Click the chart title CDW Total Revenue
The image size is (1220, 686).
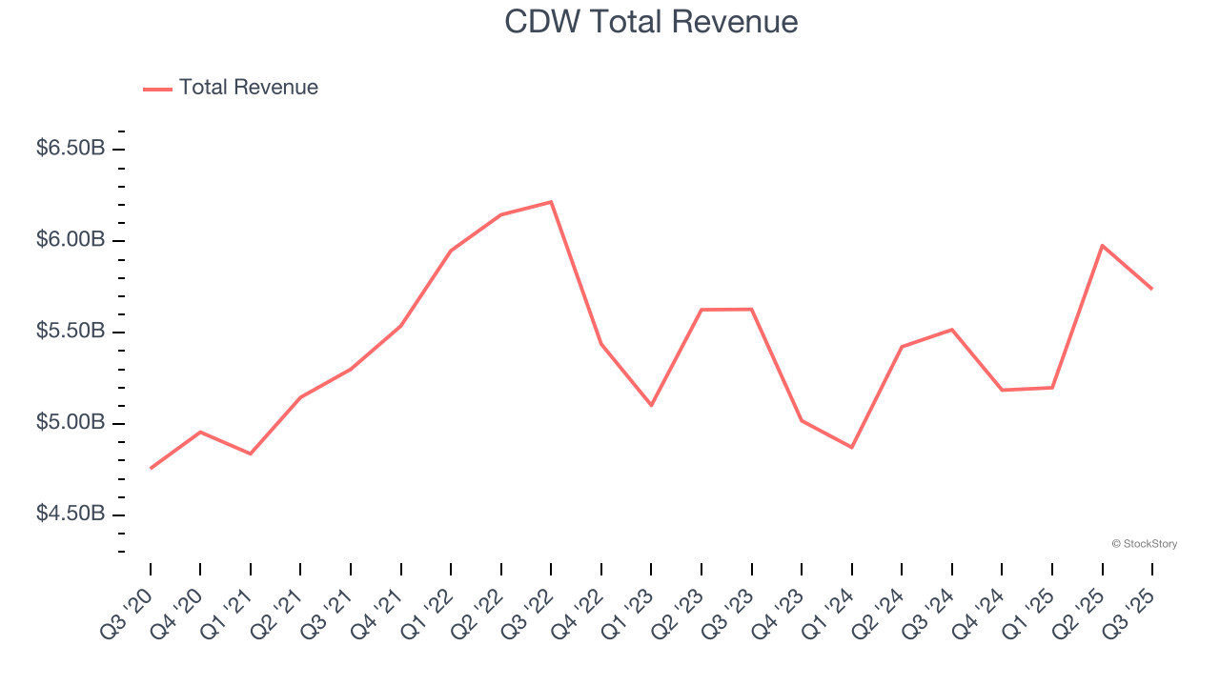click(x=651, y=22)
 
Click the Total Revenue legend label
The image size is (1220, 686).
click(x=248, y=88)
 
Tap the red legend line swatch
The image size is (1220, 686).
click(x=157, y=89)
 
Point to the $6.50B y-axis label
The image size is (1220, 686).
click(x=71, y=149)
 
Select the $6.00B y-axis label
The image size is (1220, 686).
click(x=71, y=240)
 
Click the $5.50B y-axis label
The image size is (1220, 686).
click(x=71, y=332)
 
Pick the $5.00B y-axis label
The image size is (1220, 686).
click(x=71, y=423)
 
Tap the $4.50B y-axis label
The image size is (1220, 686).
click(x=71, y=514)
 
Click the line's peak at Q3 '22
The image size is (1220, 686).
click(x=551, y=202)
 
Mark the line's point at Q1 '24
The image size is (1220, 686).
click(x=851, y=447)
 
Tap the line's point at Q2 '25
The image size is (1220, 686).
click(x=1102, y=246)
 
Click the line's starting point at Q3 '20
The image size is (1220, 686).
click(x=151, y=468)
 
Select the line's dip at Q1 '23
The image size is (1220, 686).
click(x=651, y=405)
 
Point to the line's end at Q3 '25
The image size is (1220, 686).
click(x=1151, y=288)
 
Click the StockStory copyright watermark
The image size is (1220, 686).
click(x=1144, y=544)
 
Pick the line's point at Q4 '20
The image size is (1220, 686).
click(x=200, y=432)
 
